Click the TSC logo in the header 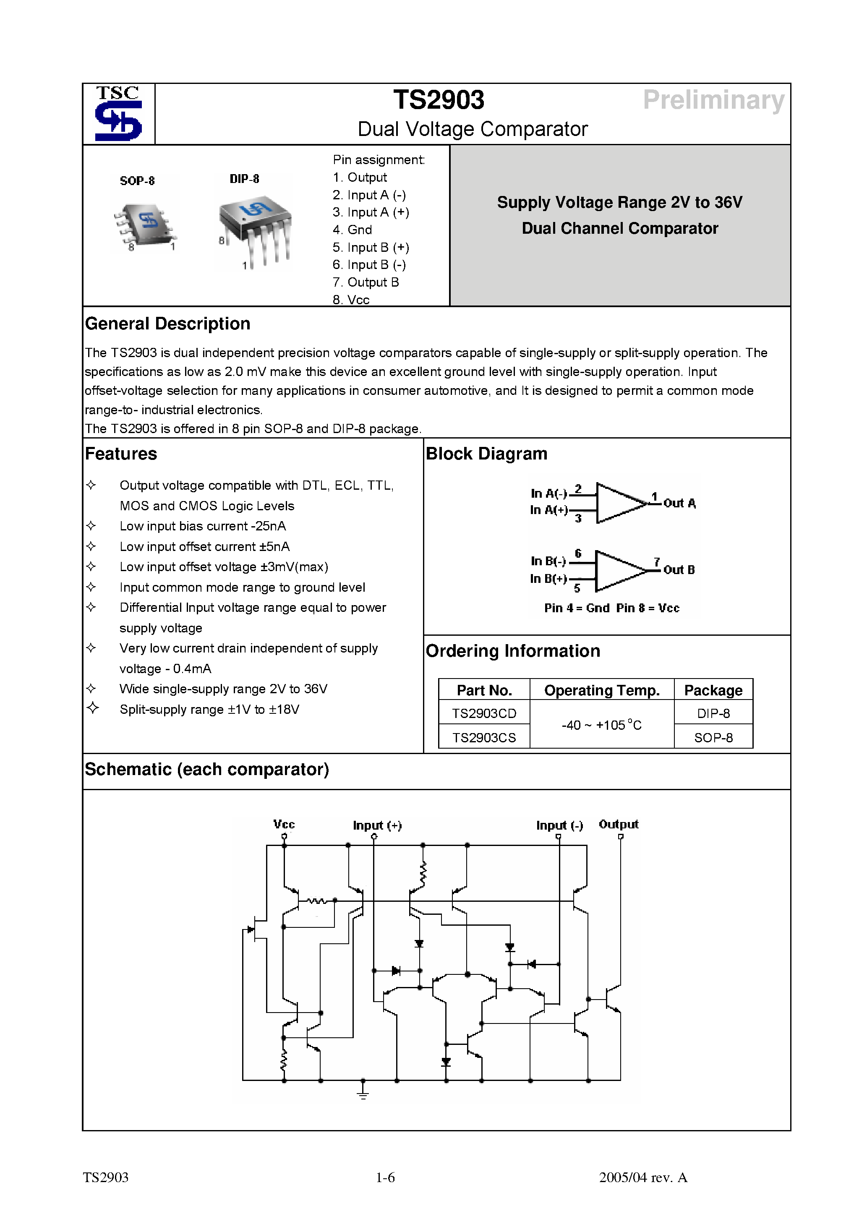118,114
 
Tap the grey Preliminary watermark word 713,100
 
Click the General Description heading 167,324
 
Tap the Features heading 121,454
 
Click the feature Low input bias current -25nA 203,526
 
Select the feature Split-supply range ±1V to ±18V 209,710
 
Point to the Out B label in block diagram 679,570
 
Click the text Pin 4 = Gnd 576,608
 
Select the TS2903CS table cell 484,738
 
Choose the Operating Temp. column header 601,690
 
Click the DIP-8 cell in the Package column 713,713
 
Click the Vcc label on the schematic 284,825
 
